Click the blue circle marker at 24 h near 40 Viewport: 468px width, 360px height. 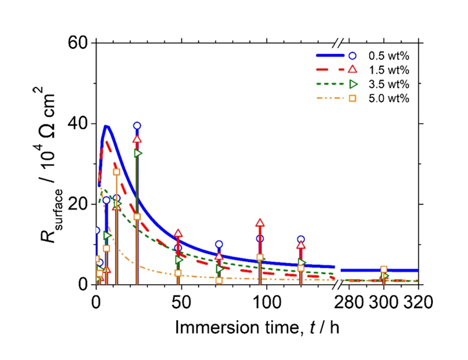coord(137,126)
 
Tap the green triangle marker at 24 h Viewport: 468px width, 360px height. coord(138,153)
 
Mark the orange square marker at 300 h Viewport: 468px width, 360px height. coord(384,270)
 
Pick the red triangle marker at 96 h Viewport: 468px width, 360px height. coord(260,223)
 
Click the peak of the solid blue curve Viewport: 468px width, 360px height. coord(107,126)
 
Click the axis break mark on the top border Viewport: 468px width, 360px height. coord(338,43)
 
